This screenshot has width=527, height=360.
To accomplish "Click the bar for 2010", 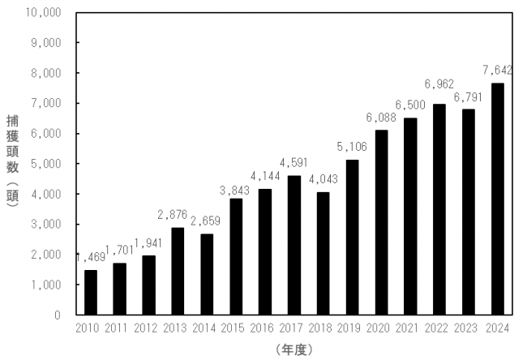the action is coord(91,293).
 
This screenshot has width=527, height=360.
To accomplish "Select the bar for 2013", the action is coord(178,272).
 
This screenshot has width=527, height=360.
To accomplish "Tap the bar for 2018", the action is coord(323,254).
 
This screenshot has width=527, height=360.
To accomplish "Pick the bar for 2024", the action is coord(498,199).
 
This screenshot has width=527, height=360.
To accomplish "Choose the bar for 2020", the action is coord(381,222).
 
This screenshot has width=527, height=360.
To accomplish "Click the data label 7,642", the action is coord(498,70).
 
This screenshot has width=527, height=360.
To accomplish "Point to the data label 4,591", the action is coord(293,163).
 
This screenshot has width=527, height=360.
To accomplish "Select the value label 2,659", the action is coord(205,221).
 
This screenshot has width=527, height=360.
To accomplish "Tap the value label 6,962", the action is coord(439,84).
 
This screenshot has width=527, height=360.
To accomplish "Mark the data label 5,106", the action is coord(352,147).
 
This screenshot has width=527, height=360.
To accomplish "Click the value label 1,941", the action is coord(148,243).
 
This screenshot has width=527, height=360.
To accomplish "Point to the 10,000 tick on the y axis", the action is coord(43,13).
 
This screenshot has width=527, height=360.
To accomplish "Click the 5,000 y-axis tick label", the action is coord(46,164).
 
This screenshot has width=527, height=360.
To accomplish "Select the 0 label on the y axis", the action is coord(58,315).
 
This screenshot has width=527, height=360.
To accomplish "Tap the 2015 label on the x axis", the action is coord(233,328).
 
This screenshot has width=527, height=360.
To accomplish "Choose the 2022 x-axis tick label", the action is coord(436,328).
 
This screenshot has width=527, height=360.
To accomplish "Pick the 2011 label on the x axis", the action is coord(116,328).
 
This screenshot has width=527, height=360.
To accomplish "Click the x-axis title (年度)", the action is coord(294,350).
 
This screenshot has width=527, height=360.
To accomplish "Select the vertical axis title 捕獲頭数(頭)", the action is coord(13,161).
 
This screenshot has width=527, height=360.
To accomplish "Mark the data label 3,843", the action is coord(234,191).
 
